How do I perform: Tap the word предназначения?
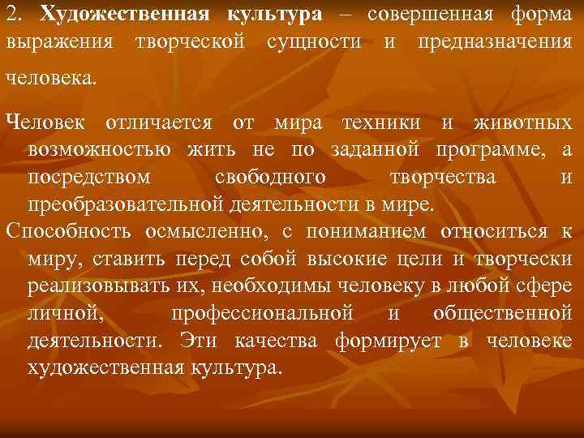[494, 41]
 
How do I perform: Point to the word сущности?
[314, 41]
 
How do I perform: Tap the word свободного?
[272, 177]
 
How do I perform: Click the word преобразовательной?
[120, 203]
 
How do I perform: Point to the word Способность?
[70, 231]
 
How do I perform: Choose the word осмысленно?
[206, 231]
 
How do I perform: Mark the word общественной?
[502, 312]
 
